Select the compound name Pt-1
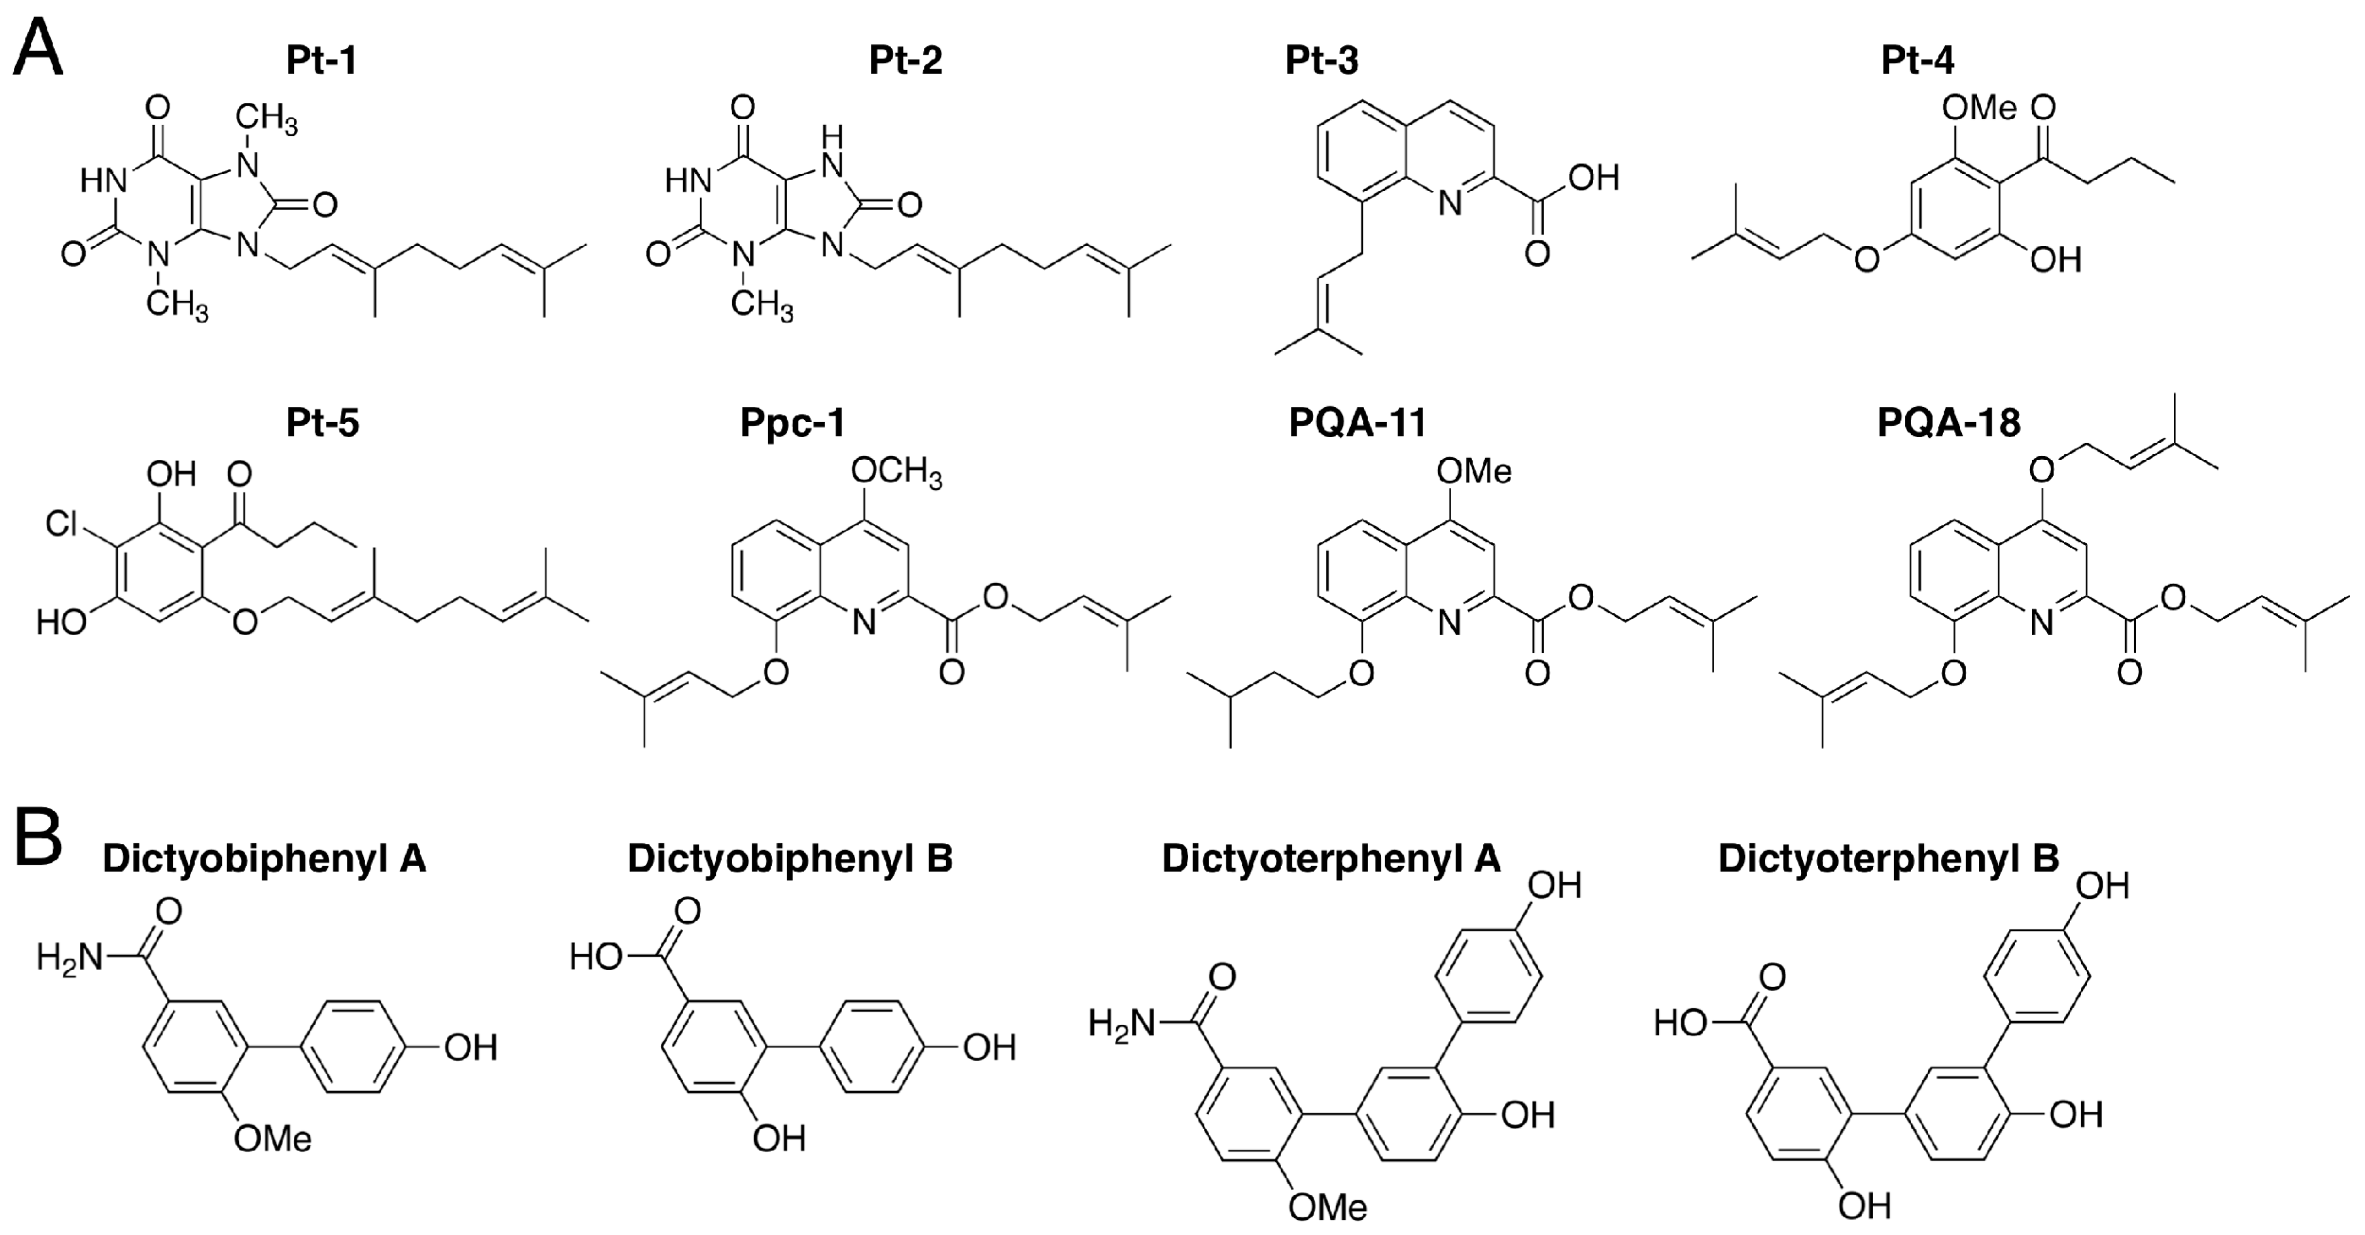322,61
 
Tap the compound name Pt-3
1321,61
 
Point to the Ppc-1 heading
792,423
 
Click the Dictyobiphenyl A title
264,858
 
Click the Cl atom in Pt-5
62,524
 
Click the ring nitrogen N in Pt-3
1449,204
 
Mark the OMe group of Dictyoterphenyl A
1328,1207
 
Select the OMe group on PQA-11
1473,472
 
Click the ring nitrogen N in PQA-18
2041,623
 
